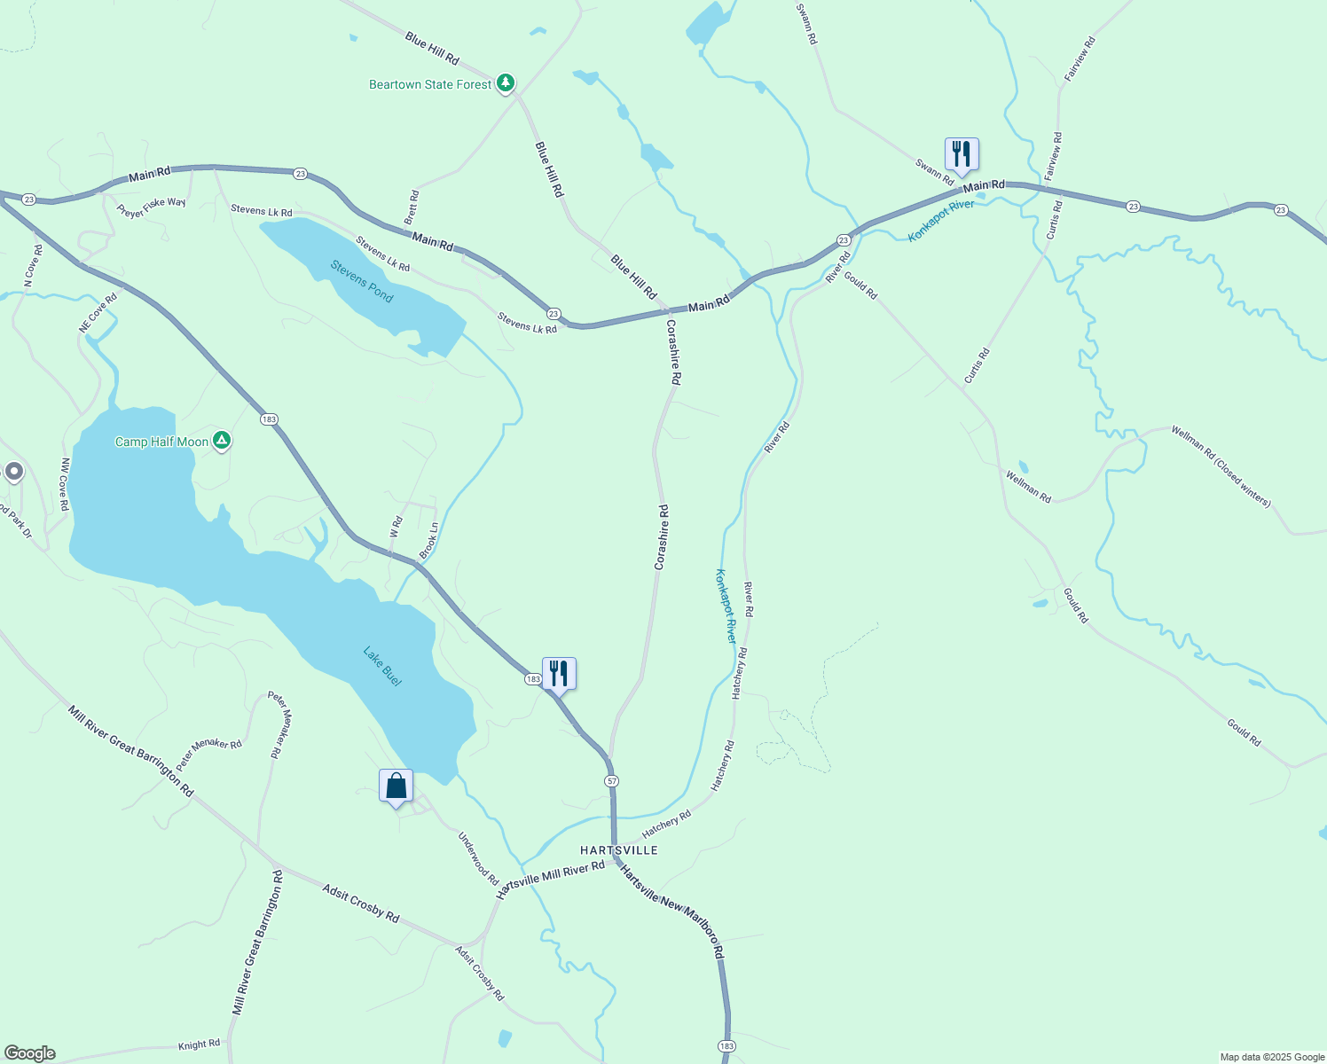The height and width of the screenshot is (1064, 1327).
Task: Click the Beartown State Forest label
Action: click(x=430, y=85)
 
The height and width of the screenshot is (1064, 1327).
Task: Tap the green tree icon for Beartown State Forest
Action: click(x=506, y=83)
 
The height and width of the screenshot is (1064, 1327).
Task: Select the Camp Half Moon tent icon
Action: click(x=222, y=440)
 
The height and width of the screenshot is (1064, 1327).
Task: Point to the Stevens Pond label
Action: click(x=362, y=280)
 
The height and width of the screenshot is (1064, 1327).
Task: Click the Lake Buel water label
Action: click(x=382, y=666)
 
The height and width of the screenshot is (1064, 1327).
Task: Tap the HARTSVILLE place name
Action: click(x=619, y=850)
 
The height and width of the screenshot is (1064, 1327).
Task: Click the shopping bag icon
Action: click(x=396, y=786)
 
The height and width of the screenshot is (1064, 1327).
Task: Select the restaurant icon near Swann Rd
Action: click(x=961, y=154)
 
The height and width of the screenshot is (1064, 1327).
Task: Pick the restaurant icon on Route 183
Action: click(x=559, y=674)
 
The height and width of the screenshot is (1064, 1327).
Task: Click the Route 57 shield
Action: click(x=612, y=781)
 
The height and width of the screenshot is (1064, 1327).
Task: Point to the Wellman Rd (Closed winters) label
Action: click(x=1221, y=466)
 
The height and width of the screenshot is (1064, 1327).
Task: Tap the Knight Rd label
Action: click(x=199, y=1045)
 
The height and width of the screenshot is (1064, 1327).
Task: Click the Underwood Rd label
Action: click(x=478, y=857)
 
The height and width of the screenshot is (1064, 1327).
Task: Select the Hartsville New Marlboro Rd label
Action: click(x=671, y=911)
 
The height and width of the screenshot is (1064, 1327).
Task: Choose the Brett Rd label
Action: click(x=412, y=207)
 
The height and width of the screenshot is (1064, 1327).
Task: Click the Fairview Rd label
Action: click(x=1080, y=59)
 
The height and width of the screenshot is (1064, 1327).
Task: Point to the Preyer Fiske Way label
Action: click(x=151, y=207)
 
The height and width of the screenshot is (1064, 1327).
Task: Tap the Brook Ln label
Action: click(x=428, y=540)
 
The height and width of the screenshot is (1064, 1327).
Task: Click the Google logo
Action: click(x=29, y=1053)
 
